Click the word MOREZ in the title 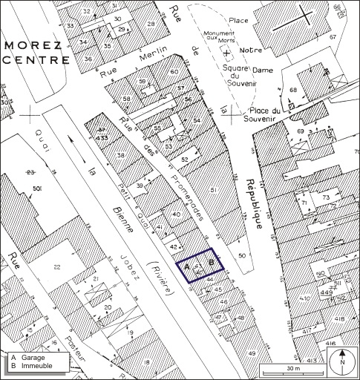coord(32,45)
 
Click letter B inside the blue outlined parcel coord(212,262)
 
